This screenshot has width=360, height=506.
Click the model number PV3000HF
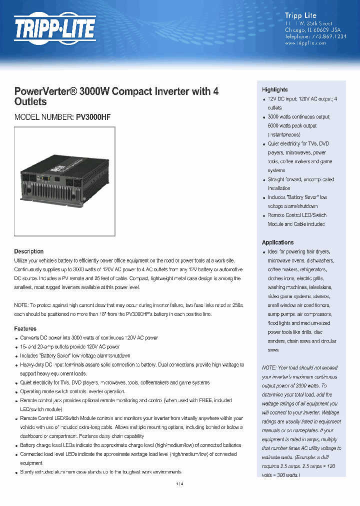tap(93, 117)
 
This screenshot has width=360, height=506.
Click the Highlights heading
tap(274, 89)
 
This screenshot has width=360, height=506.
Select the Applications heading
tap(277, 242)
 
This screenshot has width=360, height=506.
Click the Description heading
tap(28, 251)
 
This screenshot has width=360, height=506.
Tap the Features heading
tap(25, 329)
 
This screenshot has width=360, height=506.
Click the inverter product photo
tap(64, 181)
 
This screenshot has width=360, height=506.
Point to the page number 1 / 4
tap(180, 484)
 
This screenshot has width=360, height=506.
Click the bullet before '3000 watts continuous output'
tap(263, 117)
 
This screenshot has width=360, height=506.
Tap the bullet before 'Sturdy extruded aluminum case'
tap(16, 472)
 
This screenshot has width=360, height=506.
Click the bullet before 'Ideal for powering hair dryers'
tap(263, 252)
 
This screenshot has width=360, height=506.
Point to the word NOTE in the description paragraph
tap(21, 305)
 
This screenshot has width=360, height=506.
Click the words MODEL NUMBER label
tap(43, 117)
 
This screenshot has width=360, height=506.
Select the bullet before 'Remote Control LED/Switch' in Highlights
tap(263, 216)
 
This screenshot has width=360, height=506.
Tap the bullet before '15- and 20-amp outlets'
tap(16, 347)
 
